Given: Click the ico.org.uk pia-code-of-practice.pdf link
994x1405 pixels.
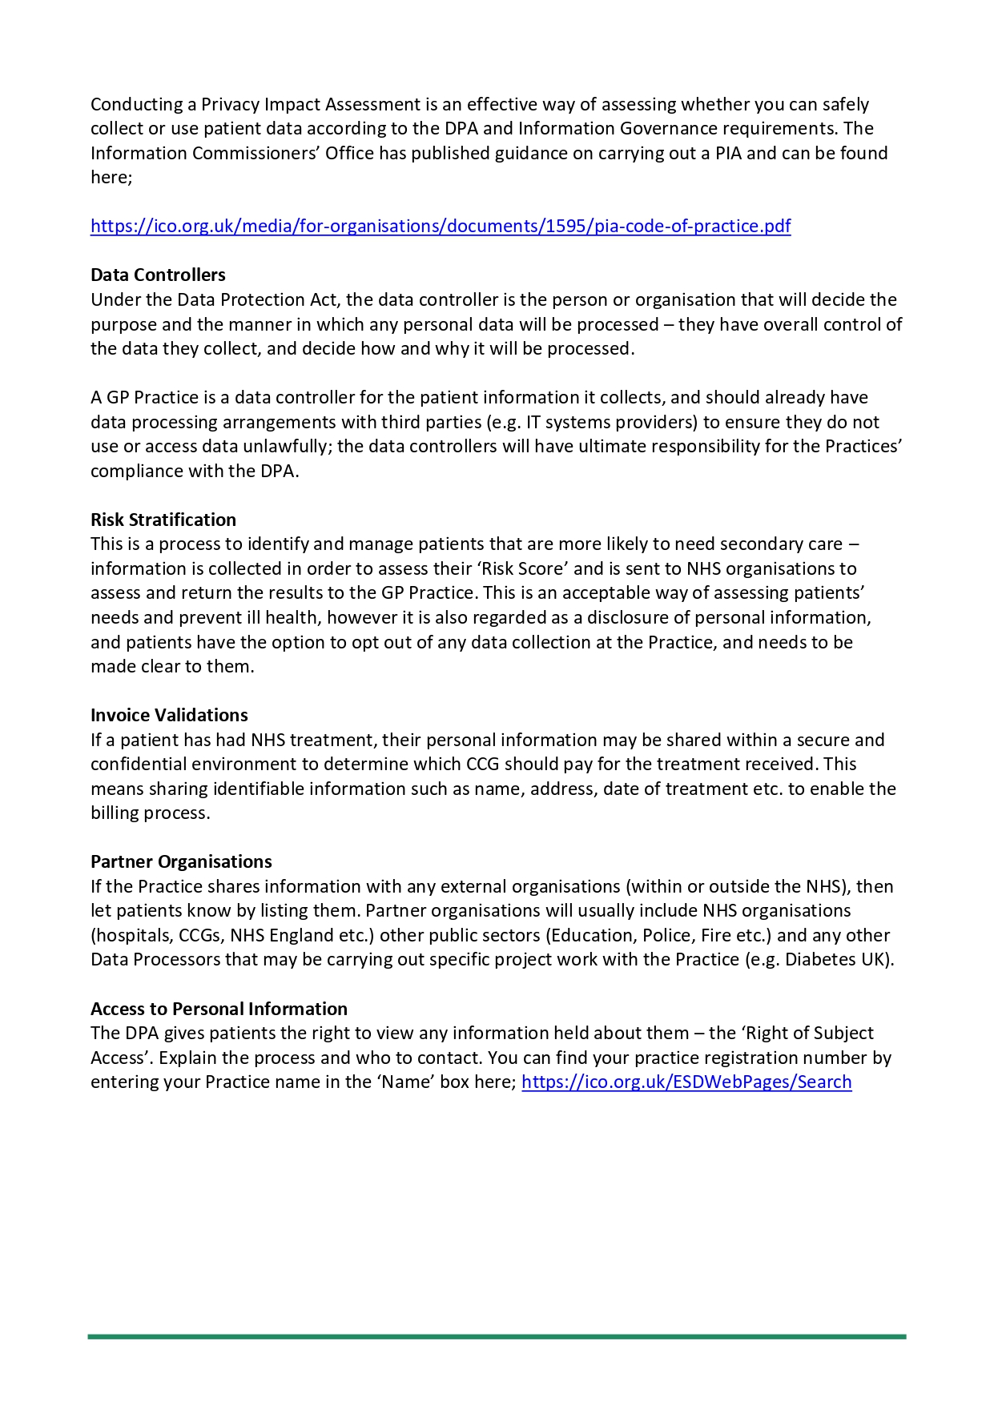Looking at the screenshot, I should [441, 227].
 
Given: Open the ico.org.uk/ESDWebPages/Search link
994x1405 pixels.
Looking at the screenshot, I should [686, 1082].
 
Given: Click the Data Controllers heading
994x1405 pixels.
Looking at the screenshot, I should [158, 275].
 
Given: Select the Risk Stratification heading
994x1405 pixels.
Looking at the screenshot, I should [163, 520].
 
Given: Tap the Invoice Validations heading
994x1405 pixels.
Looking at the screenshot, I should [169, 716].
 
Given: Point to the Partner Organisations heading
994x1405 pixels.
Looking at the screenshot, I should [181, 862].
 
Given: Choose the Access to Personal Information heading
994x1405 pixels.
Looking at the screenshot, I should [219, 1010].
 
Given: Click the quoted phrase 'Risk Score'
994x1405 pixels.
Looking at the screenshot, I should [523, 569].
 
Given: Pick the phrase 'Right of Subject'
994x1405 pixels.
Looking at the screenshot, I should [810, 1034].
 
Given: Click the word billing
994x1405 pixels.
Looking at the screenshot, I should [115, 813].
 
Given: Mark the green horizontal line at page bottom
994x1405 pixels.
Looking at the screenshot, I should [497, 1336].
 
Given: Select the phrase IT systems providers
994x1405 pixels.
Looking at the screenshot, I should [610, 423].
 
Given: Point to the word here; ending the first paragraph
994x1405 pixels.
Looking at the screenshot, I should [111, 178].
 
